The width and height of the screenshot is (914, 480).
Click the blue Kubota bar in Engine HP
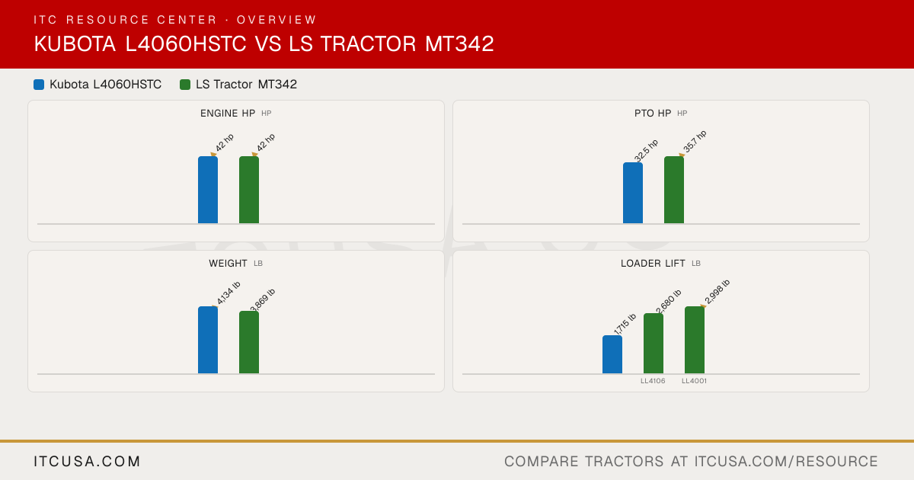pos(208,190)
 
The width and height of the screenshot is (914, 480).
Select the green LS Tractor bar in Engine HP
pos(249,190)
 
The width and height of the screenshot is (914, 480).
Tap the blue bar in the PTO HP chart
pos(633,193)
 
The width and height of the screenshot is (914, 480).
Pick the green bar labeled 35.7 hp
pos(674,190)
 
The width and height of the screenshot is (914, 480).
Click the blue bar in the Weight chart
pos(208,340)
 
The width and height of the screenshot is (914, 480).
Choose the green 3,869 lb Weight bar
pos(249,342)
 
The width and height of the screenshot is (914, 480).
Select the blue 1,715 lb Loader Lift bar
pos(612,355)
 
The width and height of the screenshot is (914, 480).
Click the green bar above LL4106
pos(654,344)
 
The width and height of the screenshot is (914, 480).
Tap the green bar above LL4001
pos(695,340)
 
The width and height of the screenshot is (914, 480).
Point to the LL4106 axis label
pos(653,381)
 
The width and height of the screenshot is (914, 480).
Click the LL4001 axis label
pos(694,381)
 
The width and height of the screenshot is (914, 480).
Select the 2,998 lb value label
pos(717,292)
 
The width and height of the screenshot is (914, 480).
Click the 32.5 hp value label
pos(646,151)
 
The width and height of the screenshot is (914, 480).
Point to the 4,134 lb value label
pos(228,293)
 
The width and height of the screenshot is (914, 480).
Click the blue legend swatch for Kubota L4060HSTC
pos(39,85)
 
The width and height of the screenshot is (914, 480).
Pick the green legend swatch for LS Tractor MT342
pos(185,85)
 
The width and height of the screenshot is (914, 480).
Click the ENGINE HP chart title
pos(228,114)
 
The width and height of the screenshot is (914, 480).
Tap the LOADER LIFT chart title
pos(653,264)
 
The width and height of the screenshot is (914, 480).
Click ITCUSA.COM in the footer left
pos(87,461)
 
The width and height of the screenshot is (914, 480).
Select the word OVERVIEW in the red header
pos(276,20)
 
